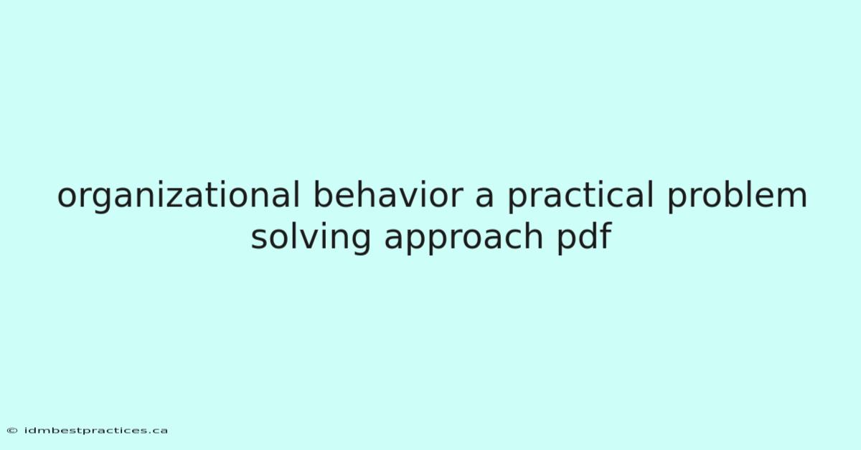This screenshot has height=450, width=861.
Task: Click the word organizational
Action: (x=178, y=196)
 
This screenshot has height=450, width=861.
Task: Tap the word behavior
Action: (x=388, y=194)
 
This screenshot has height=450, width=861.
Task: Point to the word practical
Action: (x=580, y=196)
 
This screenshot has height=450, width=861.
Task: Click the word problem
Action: (x=738, y=196)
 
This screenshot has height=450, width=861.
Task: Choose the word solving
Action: (x=311, y=237)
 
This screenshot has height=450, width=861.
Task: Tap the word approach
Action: (x=464, y=237)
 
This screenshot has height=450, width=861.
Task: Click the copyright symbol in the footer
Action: (x=12, y=431)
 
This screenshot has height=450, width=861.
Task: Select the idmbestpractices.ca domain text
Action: (x=96, y=431)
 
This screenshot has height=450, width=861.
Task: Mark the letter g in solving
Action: (x=360, y=241)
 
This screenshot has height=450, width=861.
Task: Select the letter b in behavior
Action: (x=324, y=194)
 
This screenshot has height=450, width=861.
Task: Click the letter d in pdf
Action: (x=588, y=235)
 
